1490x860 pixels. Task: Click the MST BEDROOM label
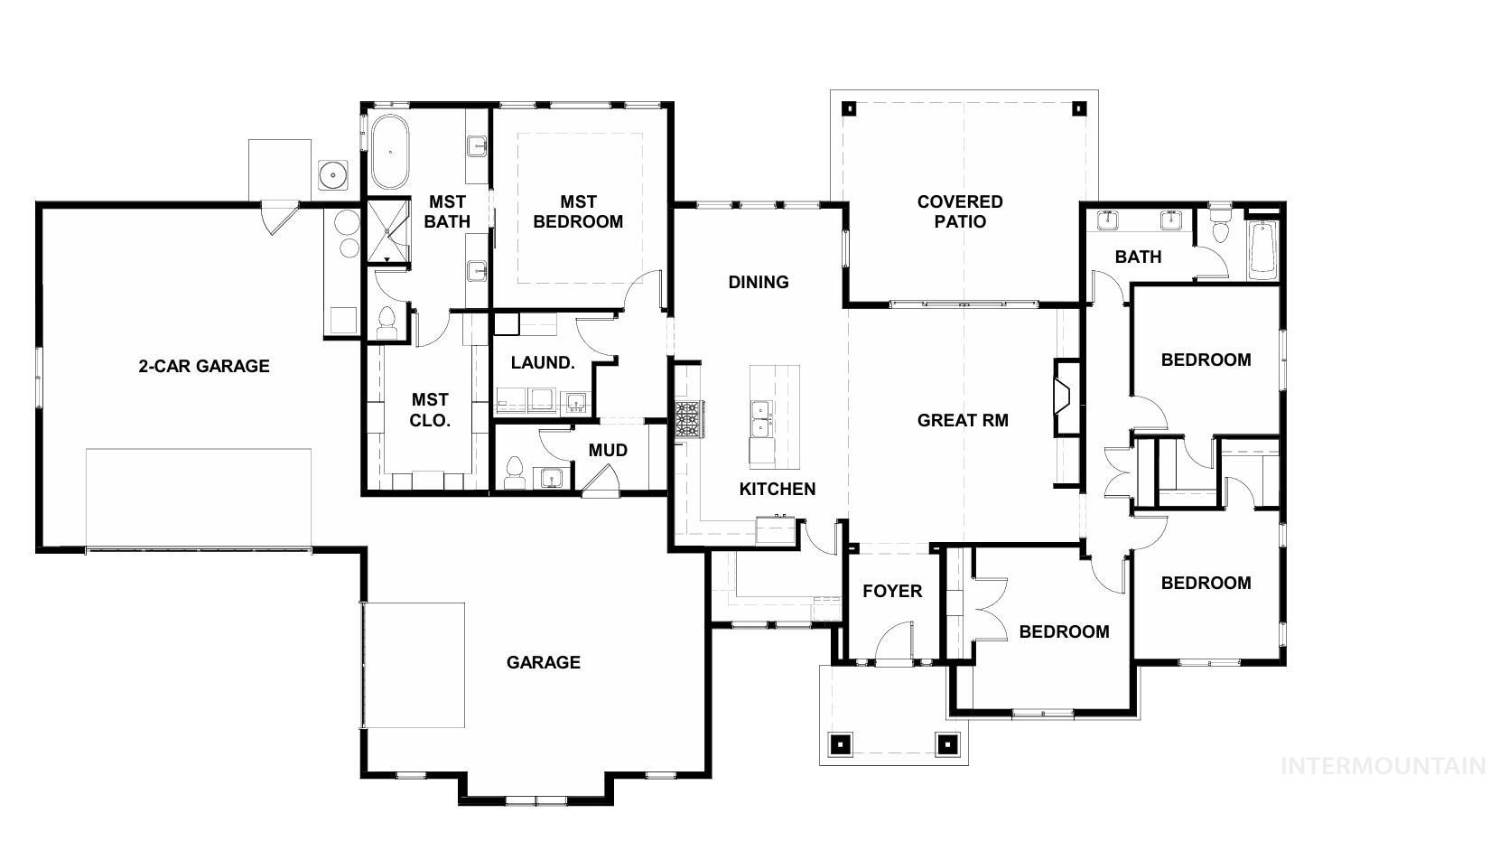(x=578, y=212)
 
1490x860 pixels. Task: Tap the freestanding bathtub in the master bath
(x=389, y=151)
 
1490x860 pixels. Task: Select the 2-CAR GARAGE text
(x=204, y=366)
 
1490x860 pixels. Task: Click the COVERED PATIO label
(x=960, y=211)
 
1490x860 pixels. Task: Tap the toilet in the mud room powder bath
(x=516, y=472)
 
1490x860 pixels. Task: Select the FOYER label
(x=892, y=591)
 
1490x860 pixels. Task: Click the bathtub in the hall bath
(x=1262, y=248)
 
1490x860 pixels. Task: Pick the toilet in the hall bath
(x=1220, y=227)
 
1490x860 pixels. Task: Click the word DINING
(x=759, y=282)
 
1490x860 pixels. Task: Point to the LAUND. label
(x=543, y=362)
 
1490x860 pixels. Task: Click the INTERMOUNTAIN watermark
(x=1383, y=766)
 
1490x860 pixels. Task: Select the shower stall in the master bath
(x=388, y=230)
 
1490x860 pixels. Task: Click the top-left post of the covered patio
(x=849, y=109)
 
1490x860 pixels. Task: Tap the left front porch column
(x=840, y=744)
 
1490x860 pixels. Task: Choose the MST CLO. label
(x=430, y=409)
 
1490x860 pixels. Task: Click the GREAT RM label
(x=963, y=420)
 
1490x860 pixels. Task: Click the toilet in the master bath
(x=387, y=322)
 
